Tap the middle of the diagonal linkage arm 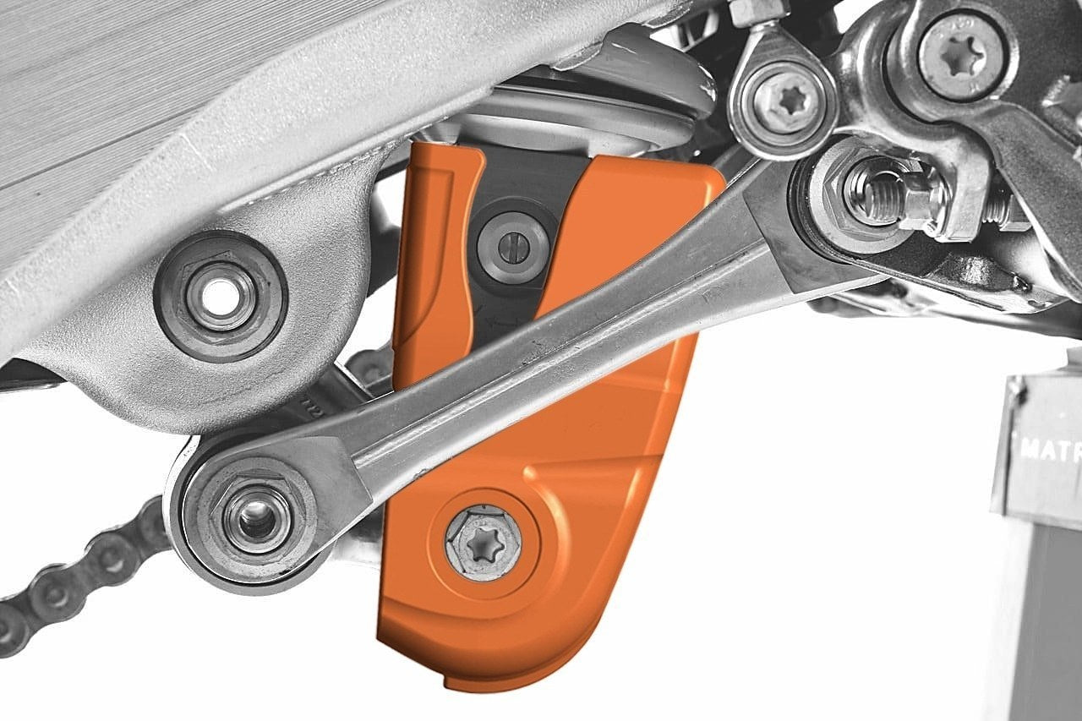(541, 347)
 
